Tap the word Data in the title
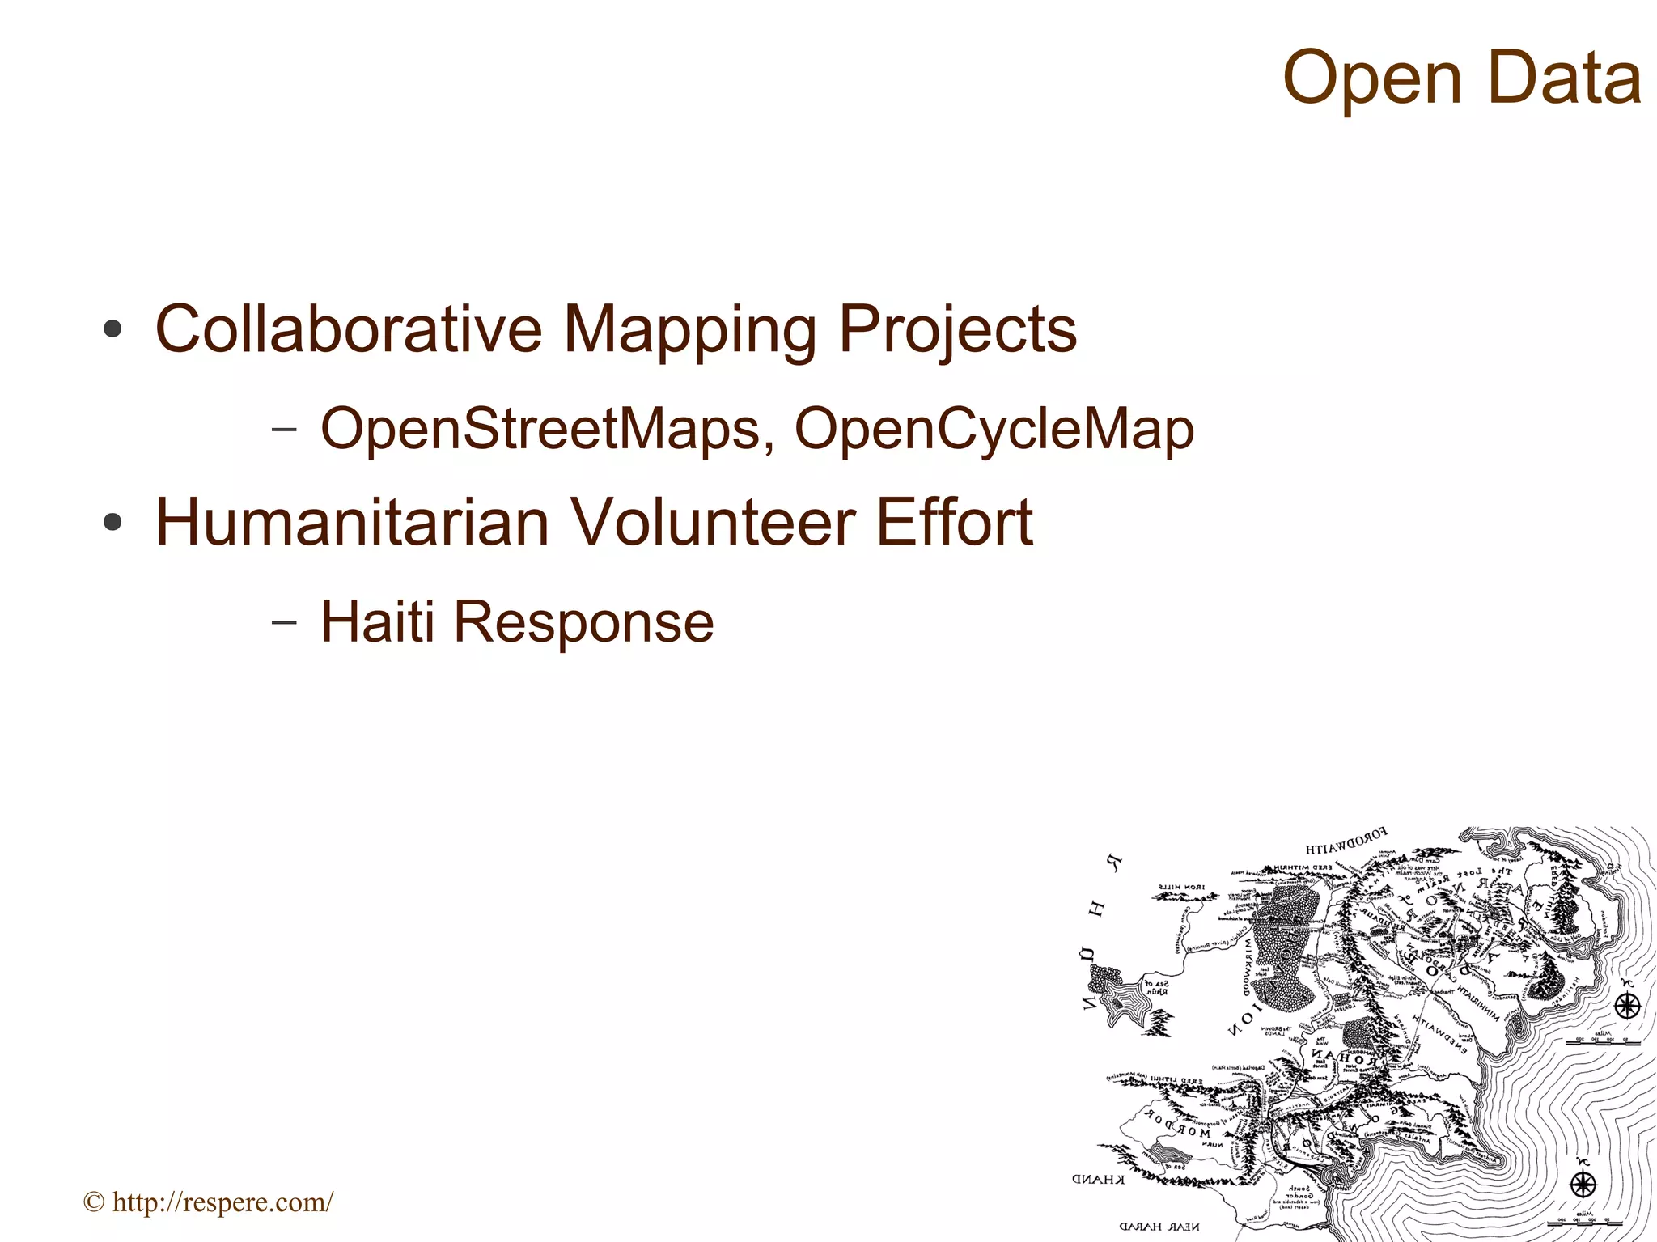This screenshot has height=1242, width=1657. [x=1564, y=78]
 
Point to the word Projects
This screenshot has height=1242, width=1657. [x=957, y=330]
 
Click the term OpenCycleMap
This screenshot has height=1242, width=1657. [x=994, y=430]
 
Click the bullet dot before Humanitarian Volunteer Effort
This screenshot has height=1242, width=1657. [x=112, y=523]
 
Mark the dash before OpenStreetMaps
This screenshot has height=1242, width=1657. [x=283, y=429]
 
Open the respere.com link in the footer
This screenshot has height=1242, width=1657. [x=222, y=1202]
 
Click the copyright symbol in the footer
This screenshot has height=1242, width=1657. [x=94, y=1202]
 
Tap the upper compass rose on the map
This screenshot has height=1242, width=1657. [x=1627, y=1007]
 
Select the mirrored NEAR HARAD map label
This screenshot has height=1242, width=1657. [x=1159, y=1227]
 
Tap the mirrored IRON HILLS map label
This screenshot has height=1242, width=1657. [x=1181, y=887]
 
